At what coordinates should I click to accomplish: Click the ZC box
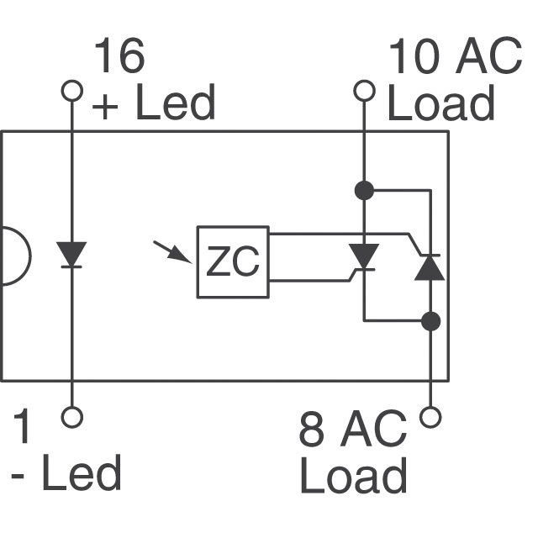click(x=233, y=262)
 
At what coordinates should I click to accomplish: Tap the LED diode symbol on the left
click(x=72, y=255)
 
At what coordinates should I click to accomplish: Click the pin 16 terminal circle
click(x=72, y=90)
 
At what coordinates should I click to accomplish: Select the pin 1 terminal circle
click(x=72, y=416)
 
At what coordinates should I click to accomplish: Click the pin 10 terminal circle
click(x=363, y=90)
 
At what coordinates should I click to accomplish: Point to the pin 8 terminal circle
click(x=431, y=416)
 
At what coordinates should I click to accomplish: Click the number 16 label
click(x=119, y=57)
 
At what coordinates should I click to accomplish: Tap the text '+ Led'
click(x=153, y=104)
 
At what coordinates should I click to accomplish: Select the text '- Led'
click(x=67, y=474)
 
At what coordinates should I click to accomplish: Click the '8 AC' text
click(x=353, y=430)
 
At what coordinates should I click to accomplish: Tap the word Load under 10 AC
click(x=440, y=104)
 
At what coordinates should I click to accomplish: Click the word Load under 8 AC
click(x=353, y=476)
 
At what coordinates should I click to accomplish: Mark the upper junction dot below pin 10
click(x=363, y=190)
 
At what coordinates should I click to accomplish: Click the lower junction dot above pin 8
click(x=431, y=320)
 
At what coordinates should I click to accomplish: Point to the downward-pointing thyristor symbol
click(x=363, y=256)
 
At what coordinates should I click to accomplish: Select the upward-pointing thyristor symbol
click(x=430, y=266)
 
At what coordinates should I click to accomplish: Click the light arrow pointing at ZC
click(x=172, y=251)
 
